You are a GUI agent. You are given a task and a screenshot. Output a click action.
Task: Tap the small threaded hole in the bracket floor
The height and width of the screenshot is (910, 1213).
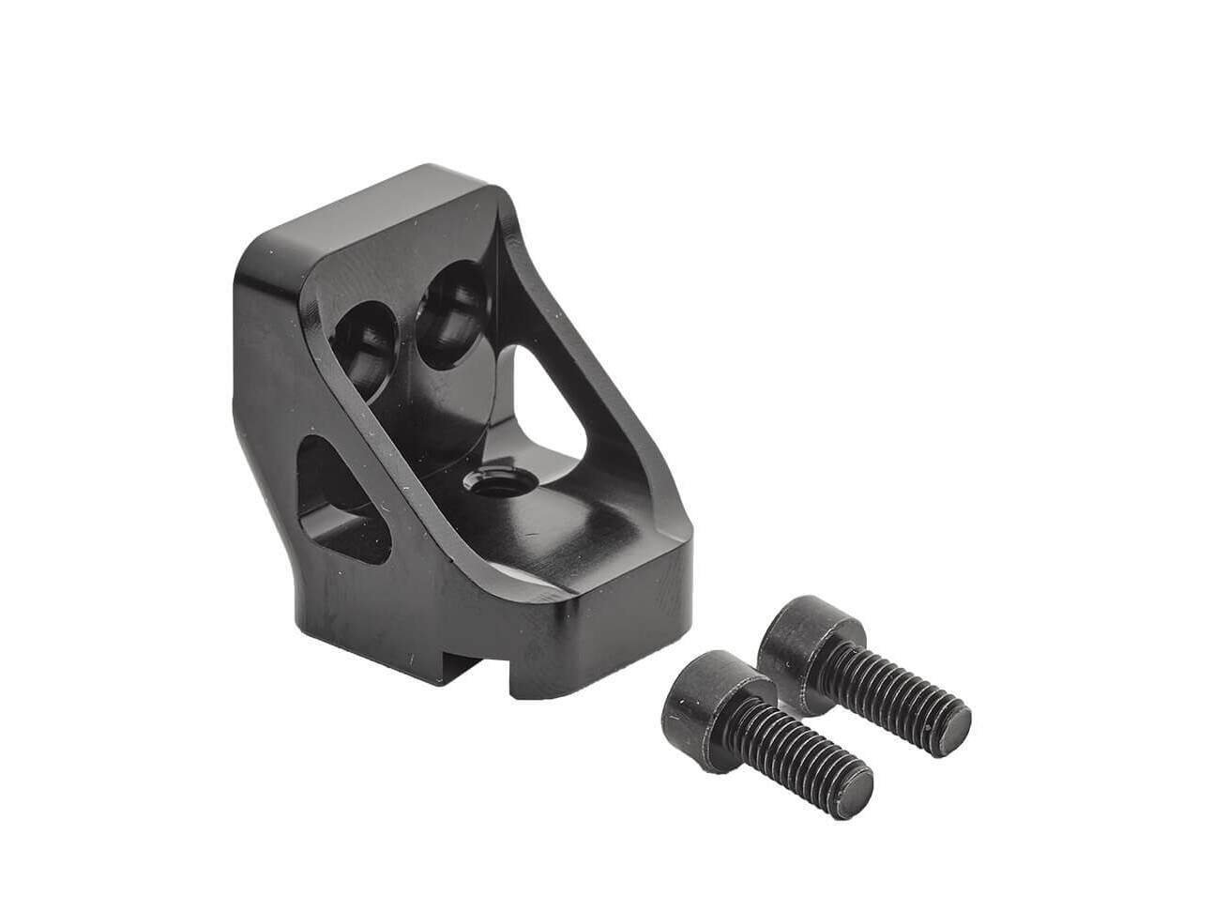click(487, 484)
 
